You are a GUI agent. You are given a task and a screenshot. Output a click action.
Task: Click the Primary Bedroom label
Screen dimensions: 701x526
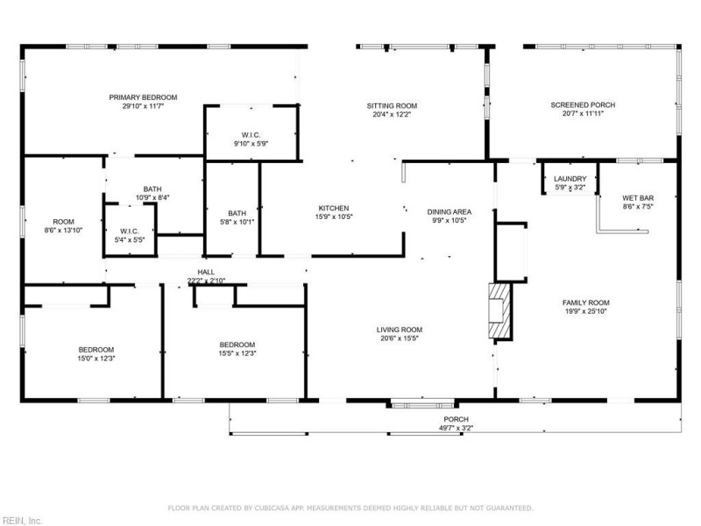[x=143, y=97]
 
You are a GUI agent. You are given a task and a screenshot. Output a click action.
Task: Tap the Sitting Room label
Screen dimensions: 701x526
[x=392, y=106]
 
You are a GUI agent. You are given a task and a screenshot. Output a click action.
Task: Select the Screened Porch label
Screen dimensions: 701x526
[x=583, y=105]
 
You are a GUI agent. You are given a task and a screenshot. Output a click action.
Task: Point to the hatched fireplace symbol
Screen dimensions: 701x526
[x=499, y=310]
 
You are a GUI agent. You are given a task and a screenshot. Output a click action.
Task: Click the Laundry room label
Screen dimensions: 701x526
[x=570, y=179]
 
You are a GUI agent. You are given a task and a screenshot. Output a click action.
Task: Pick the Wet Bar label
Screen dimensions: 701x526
[x=638, y=198]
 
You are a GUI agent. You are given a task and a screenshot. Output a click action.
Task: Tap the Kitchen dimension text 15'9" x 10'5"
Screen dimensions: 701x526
[x=334, y=217]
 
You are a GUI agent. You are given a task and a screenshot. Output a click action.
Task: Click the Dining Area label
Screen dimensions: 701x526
[x=450, y=212]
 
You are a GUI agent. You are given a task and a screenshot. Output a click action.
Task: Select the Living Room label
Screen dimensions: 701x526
[x=400, y=331]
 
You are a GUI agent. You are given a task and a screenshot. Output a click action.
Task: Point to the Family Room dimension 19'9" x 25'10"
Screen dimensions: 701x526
[x=586, y=311]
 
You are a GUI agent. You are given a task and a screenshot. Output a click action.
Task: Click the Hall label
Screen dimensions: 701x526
[x=206, y=272]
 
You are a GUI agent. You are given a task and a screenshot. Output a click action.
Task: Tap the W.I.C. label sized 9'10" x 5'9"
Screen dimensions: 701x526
[x=251, y=135]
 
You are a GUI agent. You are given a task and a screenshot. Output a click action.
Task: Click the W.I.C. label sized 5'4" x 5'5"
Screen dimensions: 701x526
[x=130, y=231]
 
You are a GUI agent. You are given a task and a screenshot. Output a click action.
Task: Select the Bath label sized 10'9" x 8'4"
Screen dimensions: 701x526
[x=152, y=189]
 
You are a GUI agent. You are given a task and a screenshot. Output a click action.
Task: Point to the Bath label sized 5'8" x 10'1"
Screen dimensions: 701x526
[x=237, y=213]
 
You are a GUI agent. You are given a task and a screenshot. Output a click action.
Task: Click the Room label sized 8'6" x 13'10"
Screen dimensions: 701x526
[x=63, y=222]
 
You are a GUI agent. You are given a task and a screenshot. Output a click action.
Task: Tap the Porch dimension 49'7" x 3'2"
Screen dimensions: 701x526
[x=456, y=428]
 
